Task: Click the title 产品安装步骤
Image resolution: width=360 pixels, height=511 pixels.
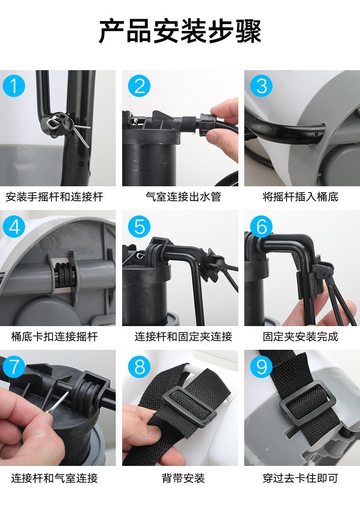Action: click(180, 31)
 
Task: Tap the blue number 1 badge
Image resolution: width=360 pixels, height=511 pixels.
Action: click(14, 86)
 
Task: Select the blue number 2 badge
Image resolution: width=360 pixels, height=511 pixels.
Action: click(139, 86)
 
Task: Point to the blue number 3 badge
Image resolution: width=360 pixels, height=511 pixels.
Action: click(262, 86)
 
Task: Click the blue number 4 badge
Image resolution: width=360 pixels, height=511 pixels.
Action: click(14, 226)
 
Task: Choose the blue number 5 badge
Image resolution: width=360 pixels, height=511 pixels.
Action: click(139, 226)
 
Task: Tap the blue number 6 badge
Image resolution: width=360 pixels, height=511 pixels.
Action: click(262, 226)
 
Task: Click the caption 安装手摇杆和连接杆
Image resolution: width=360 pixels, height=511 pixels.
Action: click(55, 196)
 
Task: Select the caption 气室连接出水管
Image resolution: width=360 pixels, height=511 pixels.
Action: click(183, 196)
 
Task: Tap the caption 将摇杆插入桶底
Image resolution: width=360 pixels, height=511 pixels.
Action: click(300, 196)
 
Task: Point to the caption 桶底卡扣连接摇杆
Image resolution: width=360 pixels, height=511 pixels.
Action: click(55, 336)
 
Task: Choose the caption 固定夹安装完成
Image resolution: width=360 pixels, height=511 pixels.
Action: click(300, 336)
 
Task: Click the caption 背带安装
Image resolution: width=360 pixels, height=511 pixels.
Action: click(183, 478)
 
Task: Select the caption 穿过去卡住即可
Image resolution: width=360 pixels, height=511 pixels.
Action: click(300, 478)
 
